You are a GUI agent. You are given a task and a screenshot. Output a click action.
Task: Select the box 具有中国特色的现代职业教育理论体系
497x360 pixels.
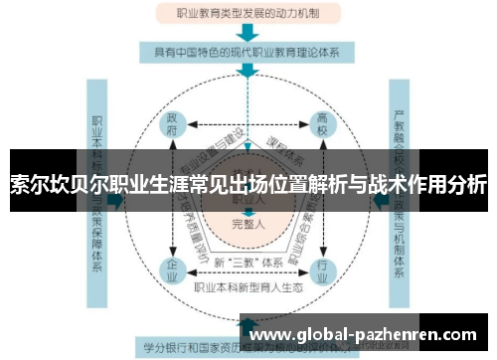(x=248, y=51)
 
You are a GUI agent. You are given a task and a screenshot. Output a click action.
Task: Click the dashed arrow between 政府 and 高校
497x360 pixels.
(x=248, y=126)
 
